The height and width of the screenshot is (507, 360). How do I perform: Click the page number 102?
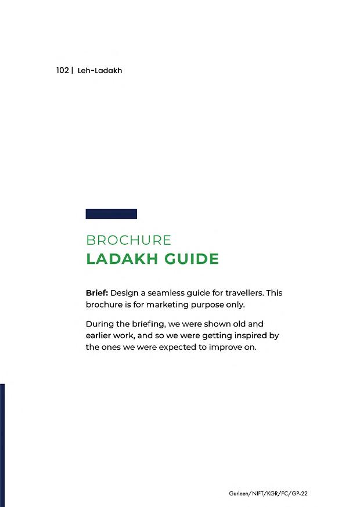pos(63,70)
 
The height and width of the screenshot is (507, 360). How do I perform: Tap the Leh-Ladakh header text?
pos(100,70)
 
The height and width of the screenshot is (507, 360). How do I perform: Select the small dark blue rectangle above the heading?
pos(111,213)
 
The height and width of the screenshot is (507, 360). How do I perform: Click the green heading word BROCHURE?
pos(128,240)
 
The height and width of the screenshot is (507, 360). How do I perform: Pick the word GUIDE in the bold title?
pos(191,259)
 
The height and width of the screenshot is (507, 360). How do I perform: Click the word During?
pos(99,324)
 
